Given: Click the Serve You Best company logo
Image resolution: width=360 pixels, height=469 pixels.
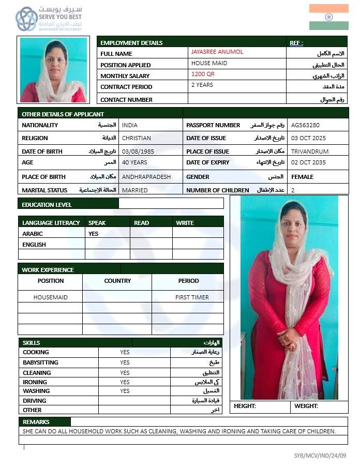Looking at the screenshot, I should [49, 19].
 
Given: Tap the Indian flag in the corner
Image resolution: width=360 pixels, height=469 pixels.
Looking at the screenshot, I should [328, 17].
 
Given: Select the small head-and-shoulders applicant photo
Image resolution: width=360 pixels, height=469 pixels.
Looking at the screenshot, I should [53, 70].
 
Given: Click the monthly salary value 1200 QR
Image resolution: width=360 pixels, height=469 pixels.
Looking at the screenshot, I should [203, 74].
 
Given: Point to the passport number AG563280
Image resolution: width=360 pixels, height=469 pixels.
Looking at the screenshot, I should [306, 125].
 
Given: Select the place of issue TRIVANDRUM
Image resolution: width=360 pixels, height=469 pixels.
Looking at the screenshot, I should [310, 152].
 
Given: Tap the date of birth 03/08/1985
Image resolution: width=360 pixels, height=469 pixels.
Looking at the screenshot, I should [134, 152].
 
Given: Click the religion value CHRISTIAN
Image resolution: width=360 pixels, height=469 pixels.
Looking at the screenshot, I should [137, 138].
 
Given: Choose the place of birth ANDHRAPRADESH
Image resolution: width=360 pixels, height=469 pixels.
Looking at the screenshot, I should [146, 177].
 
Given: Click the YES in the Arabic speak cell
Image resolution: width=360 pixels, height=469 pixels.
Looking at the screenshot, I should [94, 234].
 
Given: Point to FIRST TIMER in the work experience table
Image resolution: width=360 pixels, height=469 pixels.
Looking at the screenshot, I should [192, 297].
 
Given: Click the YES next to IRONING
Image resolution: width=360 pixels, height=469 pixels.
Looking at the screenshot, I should [125, 382].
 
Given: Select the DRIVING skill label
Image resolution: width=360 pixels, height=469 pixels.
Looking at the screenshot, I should [35, 401].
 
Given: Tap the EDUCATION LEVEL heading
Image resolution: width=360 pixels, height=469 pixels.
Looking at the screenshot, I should [47, 205].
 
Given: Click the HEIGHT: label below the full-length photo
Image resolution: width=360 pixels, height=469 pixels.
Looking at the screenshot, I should [245, 406].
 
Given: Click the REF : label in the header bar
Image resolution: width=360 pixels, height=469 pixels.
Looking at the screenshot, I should [296, 43].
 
